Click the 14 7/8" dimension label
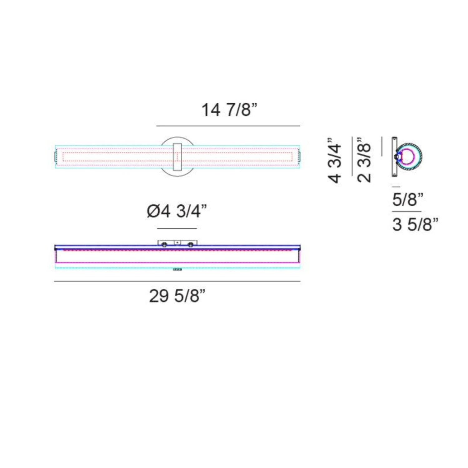point(229,110)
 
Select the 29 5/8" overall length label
point(177,296)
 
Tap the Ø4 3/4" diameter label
point(177,211)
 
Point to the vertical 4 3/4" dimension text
point(334,160)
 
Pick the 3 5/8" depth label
point(415,224)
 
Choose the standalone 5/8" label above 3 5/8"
point(408,200)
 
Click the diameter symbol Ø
point(154,211)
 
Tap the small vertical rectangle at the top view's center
point(178,157)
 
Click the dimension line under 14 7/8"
point(228,126)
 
